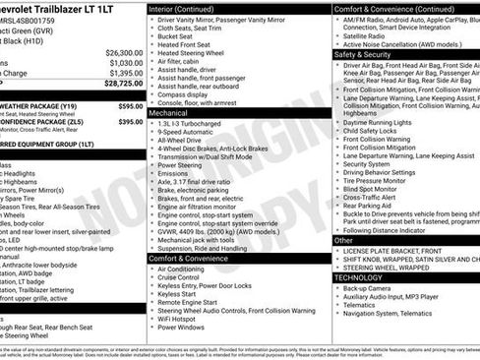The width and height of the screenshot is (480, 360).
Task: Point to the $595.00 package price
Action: [x=130, y=105]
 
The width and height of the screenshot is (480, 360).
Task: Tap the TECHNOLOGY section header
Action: [x=364, y=277]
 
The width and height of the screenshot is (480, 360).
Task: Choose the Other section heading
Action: [x=343, y=240]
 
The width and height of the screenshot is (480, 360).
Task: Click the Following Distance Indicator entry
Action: [x=391, y=229]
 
